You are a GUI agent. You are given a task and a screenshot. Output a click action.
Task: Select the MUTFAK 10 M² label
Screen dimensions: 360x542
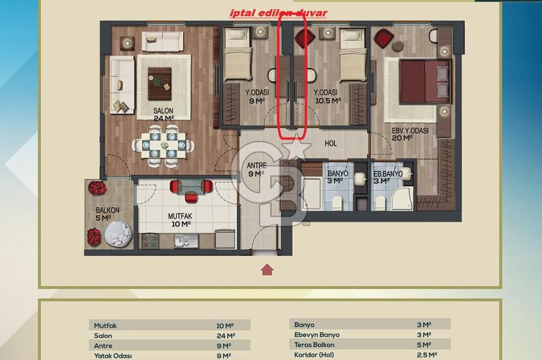pyautogui.click(x=180, y=220)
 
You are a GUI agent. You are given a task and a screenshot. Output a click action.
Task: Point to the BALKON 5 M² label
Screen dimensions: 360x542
pyautogui.click(x=108, y=214)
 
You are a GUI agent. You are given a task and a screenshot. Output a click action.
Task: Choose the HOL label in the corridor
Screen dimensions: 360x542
pyautogui.click(x=331, y=144)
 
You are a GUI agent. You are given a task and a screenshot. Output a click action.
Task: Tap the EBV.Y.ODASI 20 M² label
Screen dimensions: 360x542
pyautogui.click(x=410, y=134)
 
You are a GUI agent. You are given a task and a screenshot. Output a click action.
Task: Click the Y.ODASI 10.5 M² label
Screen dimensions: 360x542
pyautogui.click(x=327, y=97)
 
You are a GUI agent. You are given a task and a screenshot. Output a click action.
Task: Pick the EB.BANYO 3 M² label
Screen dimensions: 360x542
pyautogui.click(x=388, y=177)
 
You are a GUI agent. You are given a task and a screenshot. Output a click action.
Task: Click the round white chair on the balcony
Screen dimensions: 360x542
pyautogui.click(x=118, y=234)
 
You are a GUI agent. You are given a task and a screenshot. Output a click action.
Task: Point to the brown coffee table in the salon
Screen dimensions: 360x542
pyautogui.click(x=160, y=83)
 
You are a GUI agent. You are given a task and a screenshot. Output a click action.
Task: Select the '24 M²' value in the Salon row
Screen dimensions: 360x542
pyautogui.click(x=224, y=336)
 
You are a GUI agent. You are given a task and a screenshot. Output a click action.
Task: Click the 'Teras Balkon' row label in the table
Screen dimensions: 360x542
pyautogui.click(x=314, y=345)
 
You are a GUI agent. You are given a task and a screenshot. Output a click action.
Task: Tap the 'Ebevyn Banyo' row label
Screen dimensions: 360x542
pyautogui.click(x=317, y=335)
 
